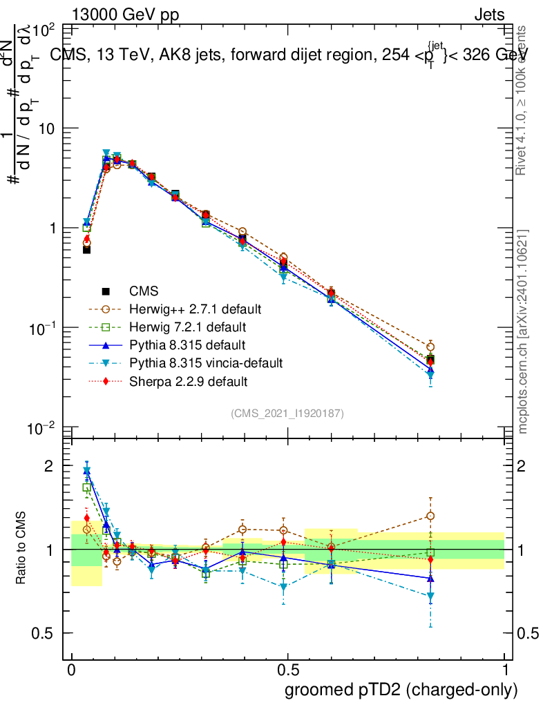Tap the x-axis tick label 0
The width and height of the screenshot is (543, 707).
(x=72, y=671)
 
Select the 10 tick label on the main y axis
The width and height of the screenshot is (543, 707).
(x=46, y=129)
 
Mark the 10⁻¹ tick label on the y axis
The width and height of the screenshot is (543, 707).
(x=41, y=328)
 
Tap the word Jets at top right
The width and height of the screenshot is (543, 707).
(x=489, y=14)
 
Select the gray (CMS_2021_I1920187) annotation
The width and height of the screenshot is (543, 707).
(x=287, y=413)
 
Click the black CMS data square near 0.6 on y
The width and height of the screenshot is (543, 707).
(x=87, y=249)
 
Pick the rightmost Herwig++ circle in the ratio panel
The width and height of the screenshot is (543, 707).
(x=430, y=516)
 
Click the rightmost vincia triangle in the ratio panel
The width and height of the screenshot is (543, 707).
(x=430, y=596)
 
